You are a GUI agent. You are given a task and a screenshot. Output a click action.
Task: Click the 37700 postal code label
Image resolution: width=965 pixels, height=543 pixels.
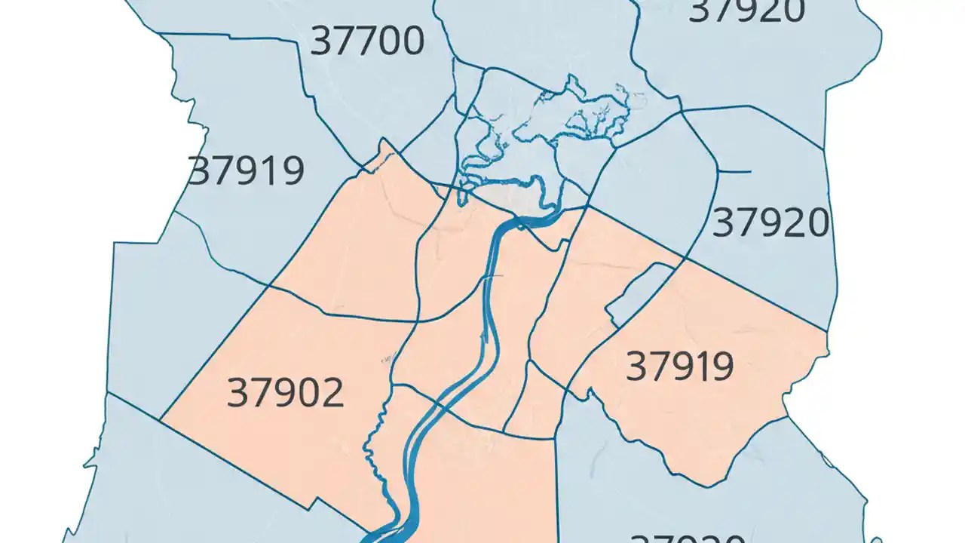(x=367, y=41)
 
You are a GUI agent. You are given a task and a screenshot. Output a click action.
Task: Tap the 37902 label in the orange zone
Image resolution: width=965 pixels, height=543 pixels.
(x=285, y=393)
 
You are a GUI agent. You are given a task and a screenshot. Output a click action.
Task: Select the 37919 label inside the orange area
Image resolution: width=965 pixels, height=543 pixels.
(x=679, y=367)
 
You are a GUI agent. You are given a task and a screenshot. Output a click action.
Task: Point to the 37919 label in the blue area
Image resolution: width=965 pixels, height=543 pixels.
(x=246, y=171)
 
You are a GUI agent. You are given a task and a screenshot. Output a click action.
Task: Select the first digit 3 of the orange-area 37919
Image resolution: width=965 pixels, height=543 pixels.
(x=637, y=367)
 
